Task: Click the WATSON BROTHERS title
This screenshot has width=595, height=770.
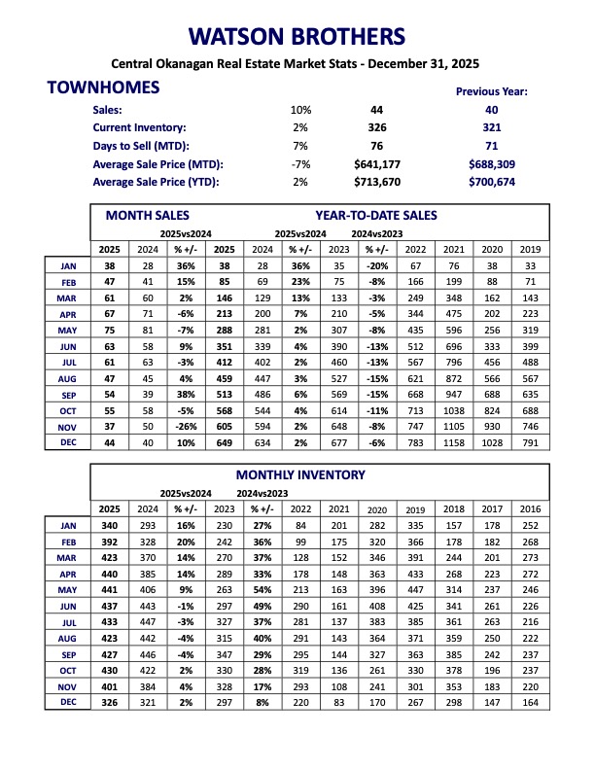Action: (297, 37)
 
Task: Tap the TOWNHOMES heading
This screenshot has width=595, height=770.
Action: (103, 88)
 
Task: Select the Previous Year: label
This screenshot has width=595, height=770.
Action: (491, 91)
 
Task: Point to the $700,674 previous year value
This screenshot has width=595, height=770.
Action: (491, 182)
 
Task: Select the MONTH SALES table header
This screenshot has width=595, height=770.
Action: (148, 215)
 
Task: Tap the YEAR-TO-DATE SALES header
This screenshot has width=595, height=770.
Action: (375, 215)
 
